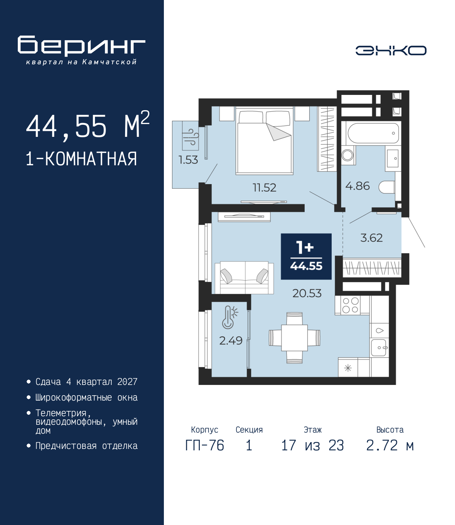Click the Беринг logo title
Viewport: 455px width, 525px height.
81,46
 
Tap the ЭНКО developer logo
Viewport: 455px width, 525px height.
391,50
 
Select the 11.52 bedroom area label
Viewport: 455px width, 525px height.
264,187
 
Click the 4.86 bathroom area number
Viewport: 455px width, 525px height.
357,186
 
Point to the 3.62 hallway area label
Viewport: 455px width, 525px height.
371,237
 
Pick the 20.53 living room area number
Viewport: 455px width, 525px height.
307,293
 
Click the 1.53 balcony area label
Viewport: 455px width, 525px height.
188,160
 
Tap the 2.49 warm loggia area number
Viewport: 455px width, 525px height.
231,341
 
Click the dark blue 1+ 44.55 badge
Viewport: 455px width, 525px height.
306,257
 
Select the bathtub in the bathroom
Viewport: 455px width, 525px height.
373,133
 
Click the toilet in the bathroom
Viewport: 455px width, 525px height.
387,187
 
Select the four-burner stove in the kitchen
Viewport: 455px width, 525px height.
350,305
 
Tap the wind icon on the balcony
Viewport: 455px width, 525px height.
191,138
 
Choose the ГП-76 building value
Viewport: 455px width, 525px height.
204,445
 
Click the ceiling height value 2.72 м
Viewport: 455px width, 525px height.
390,445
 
